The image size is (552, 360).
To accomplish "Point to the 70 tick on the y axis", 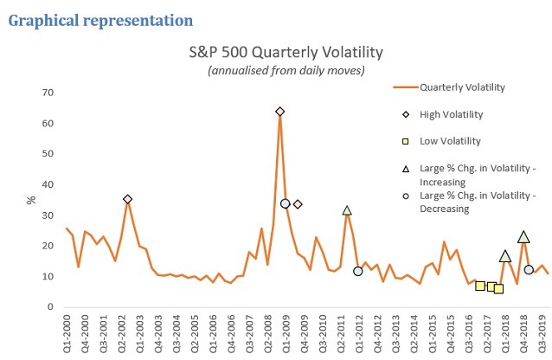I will [48, 93].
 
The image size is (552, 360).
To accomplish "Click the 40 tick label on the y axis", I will [48, 184].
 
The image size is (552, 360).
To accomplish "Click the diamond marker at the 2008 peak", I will [280, 112].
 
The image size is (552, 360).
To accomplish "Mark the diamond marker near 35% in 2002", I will [128, 199].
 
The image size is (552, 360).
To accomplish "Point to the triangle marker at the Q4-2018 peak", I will [523, 236].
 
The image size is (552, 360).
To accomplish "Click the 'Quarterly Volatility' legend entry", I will [460, 87].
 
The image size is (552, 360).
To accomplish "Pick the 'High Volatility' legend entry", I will [451, 114].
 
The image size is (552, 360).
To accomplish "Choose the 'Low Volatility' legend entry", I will [450, 140].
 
